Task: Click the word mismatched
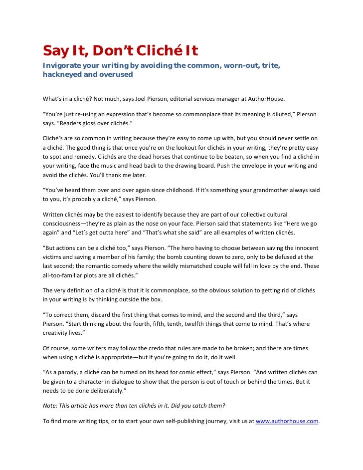pos(212,266)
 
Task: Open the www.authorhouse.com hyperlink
pos(287,421)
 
